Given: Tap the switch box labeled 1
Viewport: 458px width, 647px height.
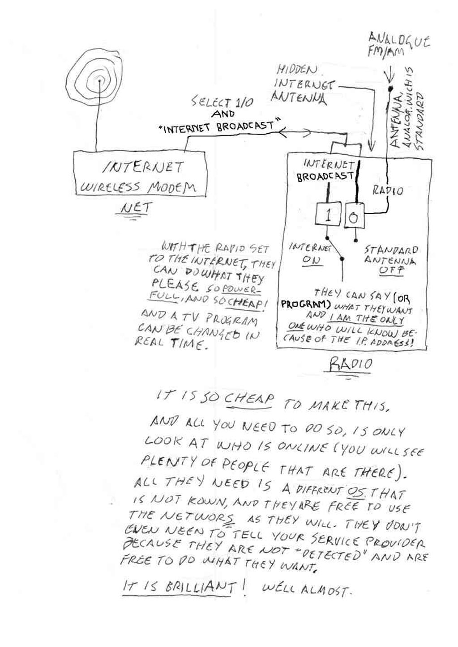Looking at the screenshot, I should [328, 216].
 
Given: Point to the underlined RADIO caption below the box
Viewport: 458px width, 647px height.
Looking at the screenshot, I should [351, 365].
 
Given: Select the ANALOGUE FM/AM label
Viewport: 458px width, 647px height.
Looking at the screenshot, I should [397, 45].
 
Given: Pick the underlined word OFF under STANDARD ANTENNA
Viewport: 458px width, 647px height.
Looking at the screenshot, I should [390, 271].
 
